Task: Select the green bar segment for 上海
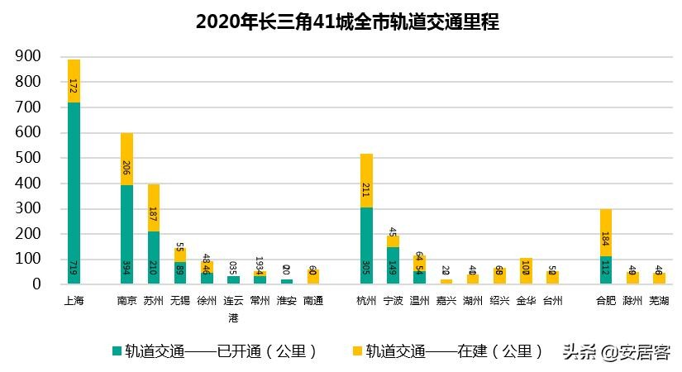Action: click(x=74, y=193)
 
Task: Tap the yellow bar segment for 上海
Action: click(x=74, y=81)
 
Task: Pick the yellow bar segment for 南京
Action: click(x=126, y=159)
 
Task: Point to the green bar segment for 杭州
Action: click(x=366, y=246)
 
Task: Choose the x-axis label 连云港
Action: click(x=233, y=307)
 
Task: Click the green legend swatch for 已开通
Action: click(x=117, y=351)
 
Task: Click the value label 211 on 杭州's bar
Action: click(x=366, y=190)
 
